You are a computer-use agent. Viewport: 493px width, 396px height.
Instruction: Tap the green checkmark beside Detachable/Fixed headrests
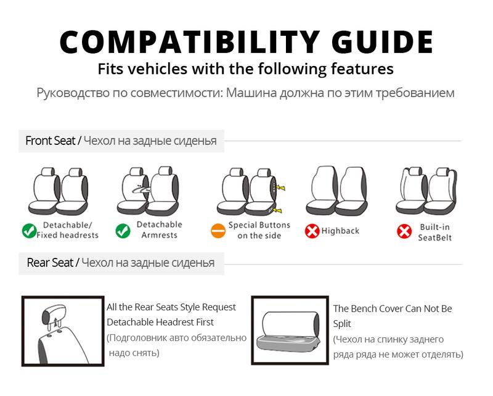(29, 231)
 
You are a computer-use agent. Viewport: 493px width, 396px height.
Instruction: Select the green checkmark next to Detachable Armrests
(123, 231)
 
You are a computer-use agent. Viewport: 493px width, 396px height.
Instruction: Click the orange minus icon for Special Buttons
(218, 231)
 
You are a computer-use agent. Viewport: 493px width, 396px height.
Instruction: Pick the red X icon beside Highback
(312, 231)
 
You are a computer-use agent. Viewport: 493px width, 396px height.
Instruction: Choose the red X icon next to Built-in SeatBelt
(404, 232)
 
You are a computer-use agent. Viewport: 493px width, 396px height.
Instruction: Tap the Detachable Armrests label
(159, 229)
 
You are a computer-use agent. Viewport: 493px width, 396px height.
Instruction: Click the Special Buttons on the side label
(259, 230)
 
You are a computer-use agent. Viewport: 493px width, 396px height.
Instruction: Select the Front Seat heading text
(50, 141)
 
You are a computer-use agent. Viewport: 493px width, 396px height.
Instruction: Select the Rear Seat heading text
(50, 263)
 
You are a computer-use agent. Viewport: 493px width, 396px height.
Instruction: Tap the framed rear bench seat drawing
(290, 330)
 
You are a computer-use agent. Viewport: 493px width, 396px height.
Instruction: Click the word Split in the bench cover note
(342, 323)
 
